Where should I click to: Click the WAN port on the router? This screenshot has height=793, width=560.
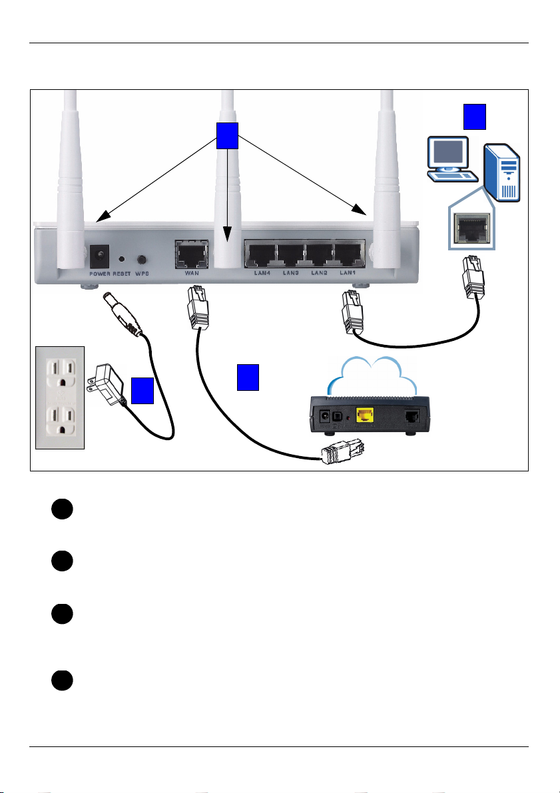tap(192, 254)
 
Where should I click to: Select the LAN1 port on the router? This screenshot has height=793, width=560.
tap(350, 254)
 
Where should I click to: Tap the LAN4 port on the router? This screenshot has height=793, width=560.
tap(260, 254)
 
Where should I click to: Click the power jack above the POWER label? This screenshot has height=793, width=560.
tap(99, 256)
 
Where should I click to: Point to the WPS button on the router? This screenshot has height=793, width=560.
tap(142, 260)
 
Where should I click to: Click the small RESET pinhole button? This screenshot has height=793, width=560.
tap(122, 259)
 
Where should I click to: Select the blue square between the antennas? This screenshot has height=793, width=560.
tap(227, 136)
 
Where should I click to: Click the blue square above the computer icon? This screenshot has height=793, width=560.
tap(475, 117)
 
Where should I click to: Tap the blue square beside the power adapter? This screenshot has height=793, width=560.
tap(142, 390)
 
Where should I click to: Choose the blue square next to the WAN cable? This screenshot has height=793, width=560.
tap(248, 378)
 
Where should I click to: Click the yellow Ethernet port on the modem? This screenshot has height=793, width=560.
tap(365, 415)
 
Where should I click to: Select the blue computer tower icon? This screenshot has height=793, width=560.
tap(502, 172)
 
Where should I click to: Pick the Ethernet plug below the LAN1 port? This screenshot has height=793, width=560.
tap(353, 312)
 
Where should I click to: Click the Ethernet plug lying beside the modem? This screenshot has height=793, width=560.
tap(344, 452)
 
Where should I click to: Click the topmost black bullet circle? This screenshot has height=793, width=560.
tap(62, 509)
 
